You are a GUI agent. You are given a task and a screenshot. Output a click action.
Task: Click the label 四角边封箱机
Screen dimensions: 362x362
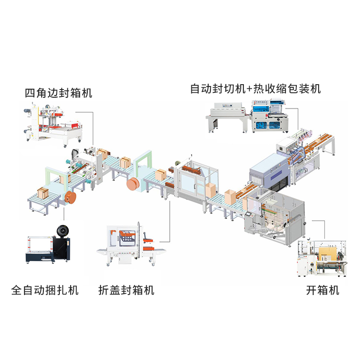point(58,93)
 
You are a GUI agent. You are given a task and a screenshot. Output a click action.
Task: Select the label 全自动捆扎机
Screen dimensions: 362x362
point(45,290)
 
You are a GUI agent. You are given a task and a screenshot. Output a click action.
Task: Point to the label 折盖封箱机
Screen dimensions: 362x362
point(126,290)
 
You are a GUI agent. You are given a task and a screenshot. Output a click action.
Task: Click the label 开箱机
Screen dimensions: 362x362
point(323,290)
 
